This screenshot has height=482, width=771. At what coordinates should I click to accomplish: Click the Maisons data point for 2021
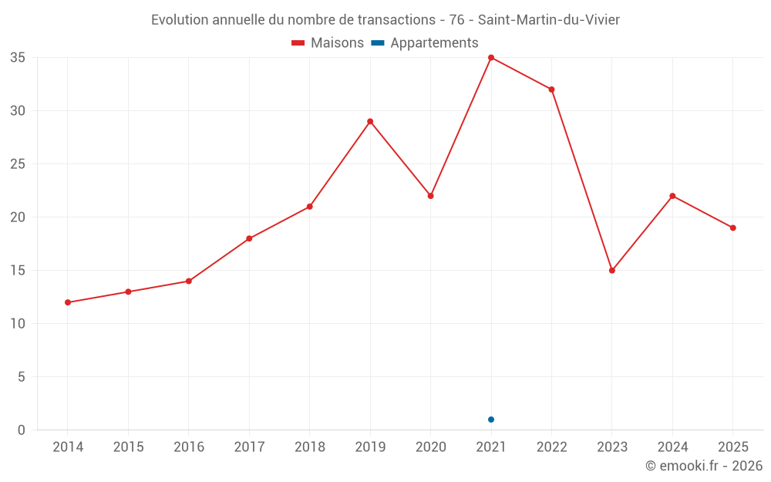(490, 58)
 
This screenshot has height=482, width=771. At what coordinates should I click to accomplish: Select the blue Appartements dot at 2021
(490, 420)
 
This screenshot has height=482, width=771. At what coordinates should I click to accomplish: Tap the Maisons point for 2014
(68, 302)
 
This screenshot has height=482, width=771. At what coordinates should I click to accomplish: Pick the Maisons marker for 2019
(370, 122)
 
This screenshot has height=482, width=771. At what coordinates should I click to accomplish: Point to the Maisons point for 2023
(611, 271)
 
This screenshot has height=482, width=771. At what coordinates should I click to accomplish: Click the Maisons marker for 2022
(551, 89)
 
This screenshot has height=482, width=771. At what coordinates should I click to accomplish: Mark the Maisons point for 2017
(249, 238)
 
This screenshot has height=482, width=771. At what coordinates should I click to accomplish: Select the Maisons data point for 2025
(732, 228)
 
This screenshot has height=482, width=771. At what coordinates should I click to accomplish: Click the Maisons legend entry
(328, 42)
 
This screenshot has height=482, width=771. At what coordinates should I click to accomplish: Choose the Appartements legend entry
(424, 42)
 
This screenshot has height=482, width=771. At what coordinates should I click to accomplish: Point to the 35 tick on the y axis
(18, 58)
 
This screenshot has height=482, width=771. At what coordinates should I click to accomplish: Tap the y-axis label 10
(18, 324)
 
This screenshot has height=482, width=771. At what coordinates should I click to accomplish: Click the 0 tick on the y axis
(21, 430)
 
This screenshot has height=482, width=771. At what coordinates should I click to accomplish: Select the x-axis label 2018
(310, 447)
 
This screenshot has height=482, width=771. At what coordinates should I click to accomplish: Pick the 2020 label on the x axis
(431, 447)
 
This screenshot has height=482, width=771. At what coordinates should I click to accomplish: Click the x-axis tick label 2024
(672, 447)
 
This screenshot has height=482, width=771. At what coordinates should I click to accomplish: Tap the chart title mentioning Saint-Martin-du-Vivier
(385, 20)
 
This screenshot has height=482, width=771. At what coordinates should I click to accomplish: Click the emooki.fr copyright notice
(704, 465)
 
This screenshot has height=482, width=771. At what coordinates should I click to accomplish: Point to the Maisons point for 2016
(189, 281)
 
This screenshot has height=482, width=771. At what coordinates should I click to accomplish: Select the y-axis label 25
(18, 163)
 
